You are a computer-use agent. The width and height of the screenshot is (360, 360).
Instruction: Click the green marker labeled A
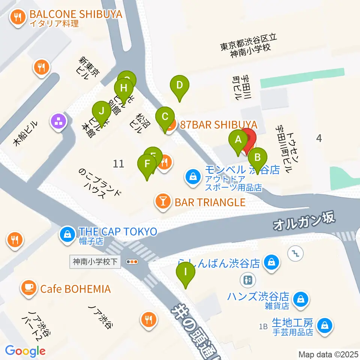(x=238, y=140)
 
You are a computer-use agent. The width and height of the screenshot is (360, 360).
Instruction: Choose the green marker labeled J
(x=101, y=111)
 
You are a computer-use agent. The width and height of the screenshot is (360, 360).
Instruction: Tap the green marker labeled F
(x=147, y=164)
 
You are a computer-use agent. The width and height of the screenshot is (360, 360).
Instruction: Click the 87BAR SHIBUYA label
(x=219, y=125)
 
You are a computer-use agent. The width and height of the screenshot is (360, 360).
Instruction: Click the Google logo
(x=25, y=351)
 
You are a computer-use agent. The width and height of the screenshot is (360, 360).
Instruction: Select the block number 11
(x=118, y=163)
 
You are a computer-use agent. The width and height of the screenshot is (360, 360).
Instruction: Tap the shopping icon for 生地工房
(x=323, y=325)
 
